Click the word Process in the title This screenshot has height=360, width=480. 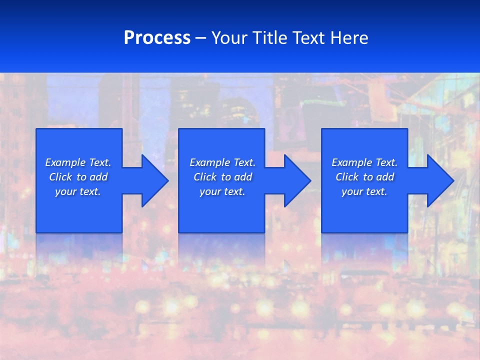(157, 38)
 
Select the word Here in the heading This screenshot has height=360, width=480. (349, 38)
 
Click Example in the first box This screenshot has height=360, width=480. (65, 162)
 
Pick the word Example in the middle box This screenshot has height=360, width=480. (209, 162)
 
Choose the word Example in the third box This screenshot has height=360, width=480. (351, 162)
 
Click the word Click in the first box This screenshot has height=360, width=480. (60, 177)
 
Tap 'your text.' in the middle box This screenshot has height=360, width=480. (222, 191)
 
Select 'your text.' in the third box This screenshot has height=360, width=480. (364, 191)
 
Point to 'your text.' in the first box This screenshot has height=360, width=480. (78, 191)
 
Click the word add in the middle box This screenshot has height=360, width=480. (243, 177)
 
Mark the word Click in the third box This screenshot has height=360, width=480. (347, 177)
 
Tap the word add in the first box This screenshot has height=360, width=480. (98, 177)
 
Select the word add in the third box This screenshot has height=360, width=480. (385, 177)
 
